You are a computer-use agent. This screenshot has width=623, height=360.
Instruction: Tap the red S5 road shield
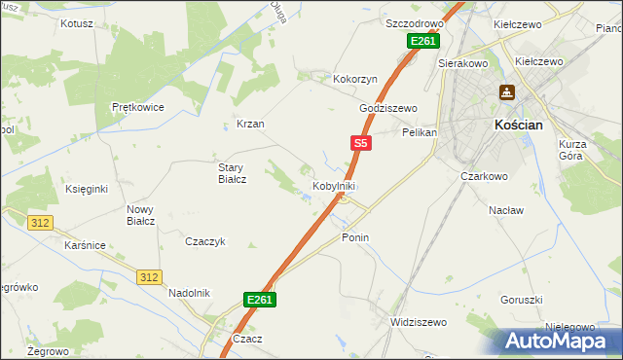(x=360, y=143)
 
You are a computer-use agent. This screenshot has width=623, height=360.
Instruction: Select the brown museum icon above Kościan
(x=507, y=93)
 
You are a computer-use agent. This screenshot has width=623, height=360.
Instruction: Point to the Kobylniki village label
(x=333, y=186)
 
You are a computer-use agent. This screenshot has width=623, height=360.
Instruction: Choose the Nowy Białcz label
(x=140, y=215)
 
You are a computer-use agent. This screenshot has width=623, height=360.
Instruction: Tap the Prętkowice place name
(x=137, y=107)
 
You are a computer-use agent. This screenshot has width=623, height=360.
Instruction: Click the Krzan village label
(x=250, y=125)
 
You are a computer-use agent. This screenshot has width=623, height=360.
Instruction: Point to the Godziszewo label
(x=387, y=108)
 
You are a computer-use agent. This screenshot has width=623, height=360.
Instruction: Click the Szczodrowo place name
(x=415, y=22)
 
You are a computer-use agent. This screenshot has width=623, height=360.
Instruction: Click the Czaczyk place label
(x=205, y=241)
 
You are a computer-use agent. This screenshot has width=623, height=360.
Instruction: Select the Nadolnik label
(x=189, y=292)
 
